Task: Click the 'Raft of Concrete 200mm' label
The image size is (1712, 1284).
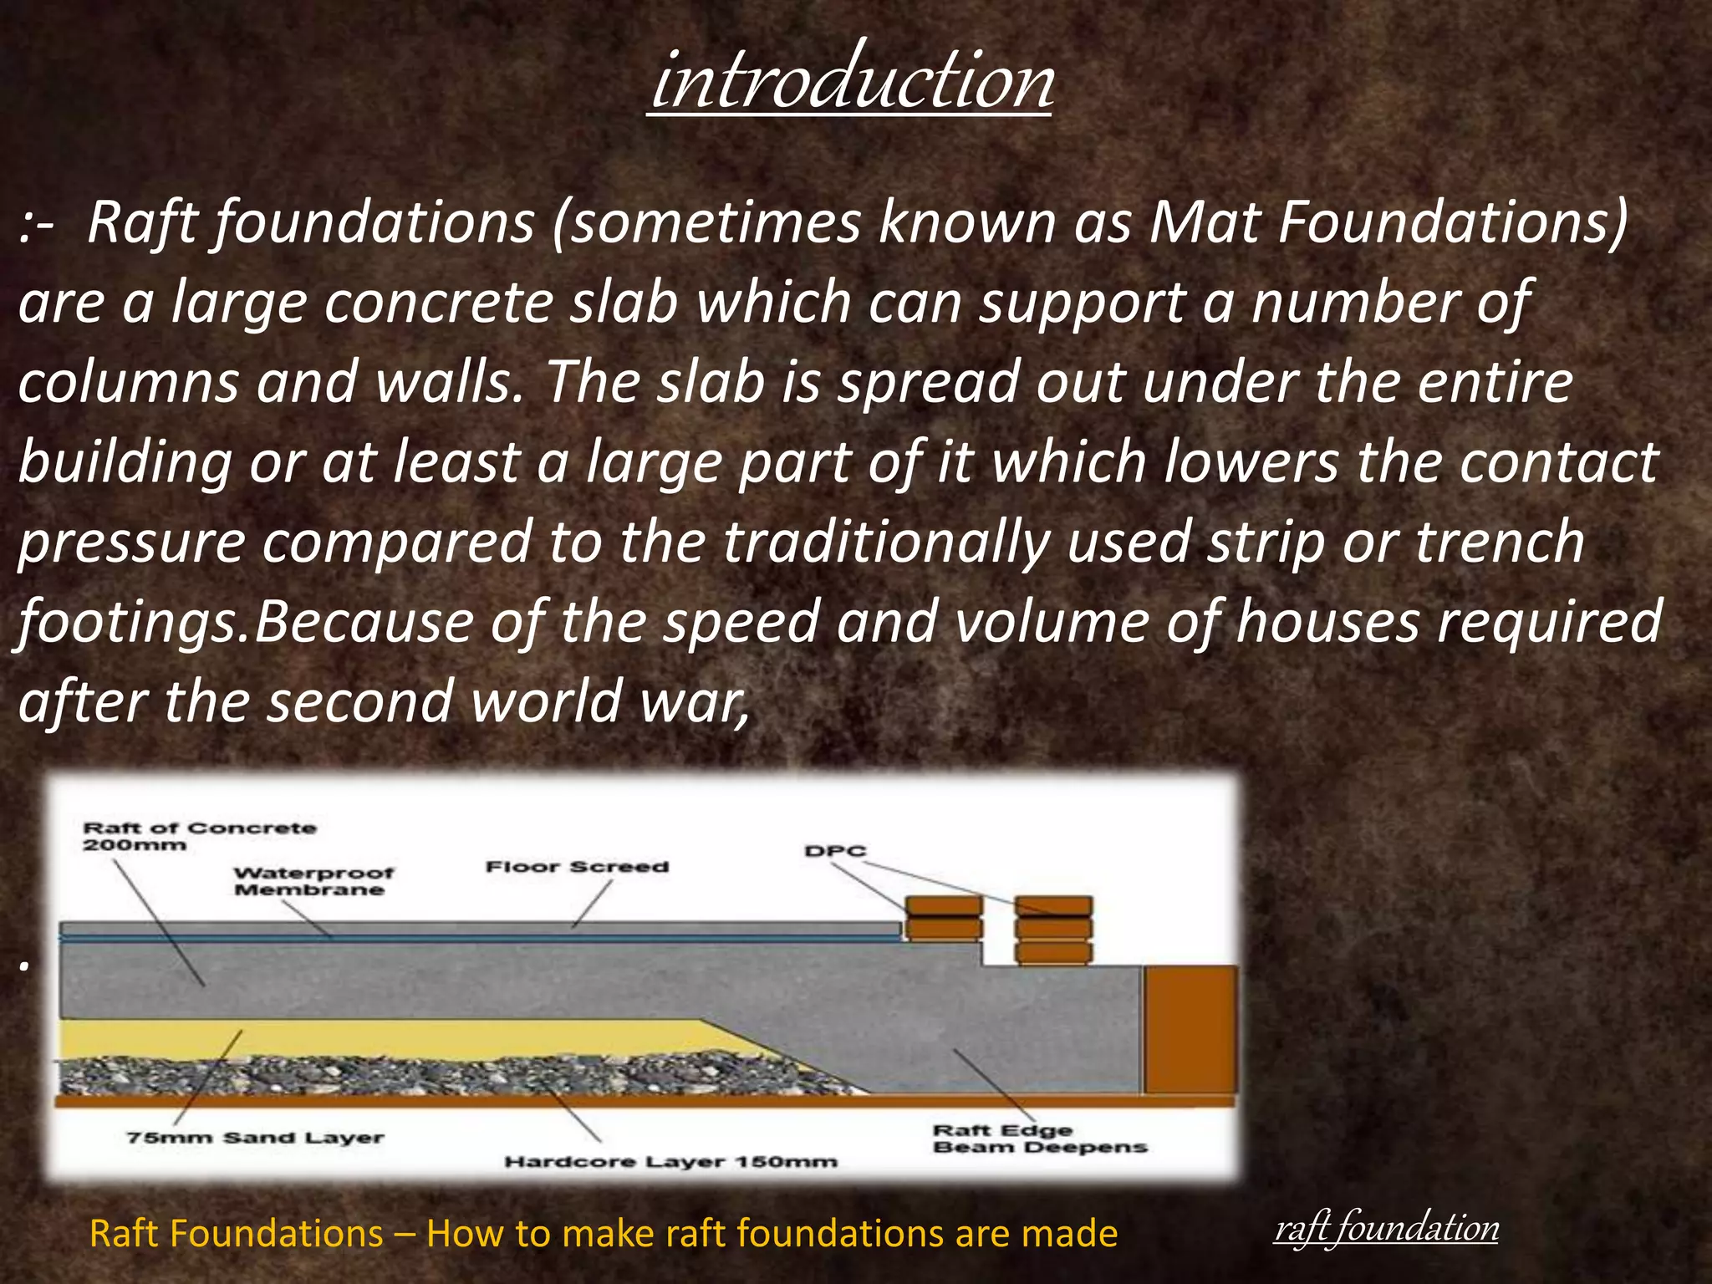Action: coord(200,836)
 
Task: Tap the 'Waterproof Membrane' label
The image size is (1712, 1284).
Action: coord(313,881)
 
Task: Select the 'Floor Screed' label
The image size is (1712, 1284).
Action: coord(578,867)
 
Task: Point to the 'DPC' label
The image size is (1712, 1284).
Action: coord(835,851)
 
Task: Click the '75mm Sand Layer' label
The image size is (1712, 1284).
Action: coord(255,1137)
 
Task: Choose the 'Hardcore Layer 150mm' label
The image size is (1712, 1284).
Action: coord(670,1161)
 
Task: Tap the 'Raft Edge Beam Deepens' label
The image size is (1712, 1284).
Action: coord(1039,1139)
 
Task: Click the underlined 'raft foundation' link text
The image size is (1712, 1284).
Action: coord(1386,1228)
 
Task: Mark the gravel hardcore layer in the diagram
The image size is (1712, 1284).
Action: coord(418,1075)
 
